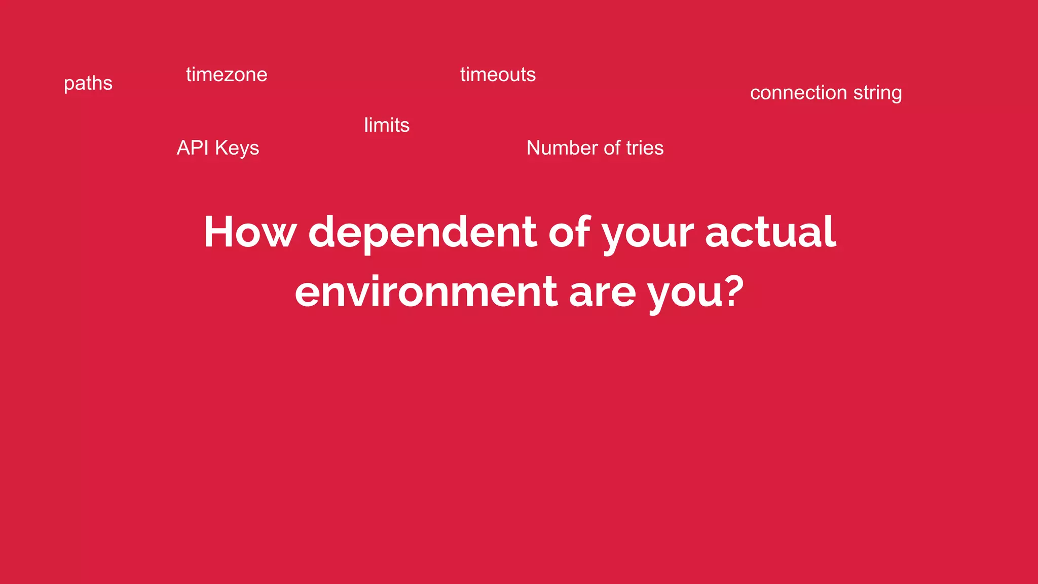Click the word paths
point(88,84)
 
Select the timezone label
point(227,75)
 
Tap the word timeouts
point(498,75)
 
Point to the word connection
point(798,93)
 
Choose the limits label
point(387,125)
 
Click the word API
point(193,148)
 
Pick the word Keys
point(237,149)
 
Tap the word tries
point(645,148)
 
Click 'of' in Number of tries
point(612,148)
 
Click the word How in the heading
point(249,232)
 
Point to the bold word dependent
point(423,232)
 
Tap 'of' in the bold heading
point(569,232)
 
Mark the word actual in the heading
point(770,232)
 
